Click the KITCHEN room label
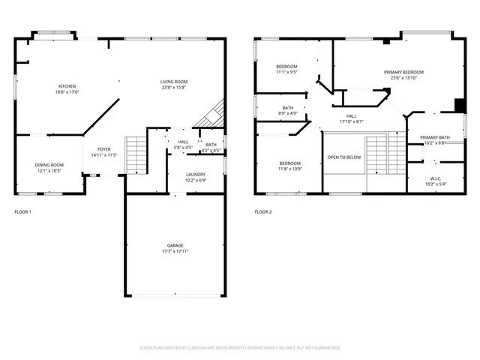[x=65, y=86]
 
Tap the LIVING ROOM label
[x=173, y=82]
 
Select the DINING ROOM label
[x=49, y=164]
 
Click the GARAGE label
[x=175, y=245]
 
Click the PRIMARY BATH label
[x=435, y=137]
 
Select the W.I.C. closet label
[x=435, y=178]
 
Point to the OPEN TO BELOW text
[x=344, y=157]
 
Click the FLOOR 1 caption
[x=22, y=212]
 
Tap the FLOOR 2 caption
[x=262, y=212]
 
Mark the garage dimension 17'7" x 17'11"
[x=175, y=251]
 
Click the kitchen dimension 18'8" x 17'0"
[x=65, y=92]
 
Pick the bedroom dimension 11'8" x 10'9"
[x=290, y=169]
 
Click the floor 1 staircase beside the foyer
[x=135, y=155]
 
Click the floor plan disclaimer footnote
[x=240, y=348]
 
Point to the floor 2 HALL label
[x=351, y=115]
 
